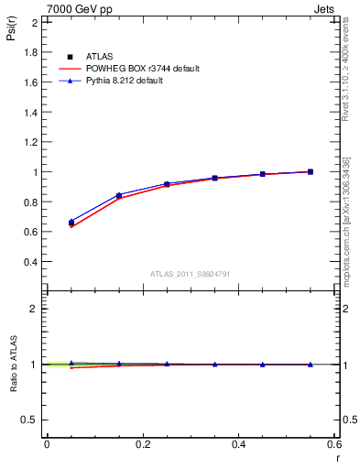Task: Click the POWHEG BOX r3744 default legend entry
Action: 128,69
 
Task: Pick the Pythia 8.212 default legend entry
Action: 120,81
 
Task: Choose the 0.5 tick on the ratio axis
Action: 30,420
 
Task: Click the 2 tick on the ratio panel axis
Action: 34,309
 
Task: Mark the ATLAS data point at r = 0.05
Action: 71,223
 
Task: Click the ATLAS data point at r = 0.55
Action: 311,171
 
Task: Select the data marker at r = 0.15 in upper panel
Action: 119,195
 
